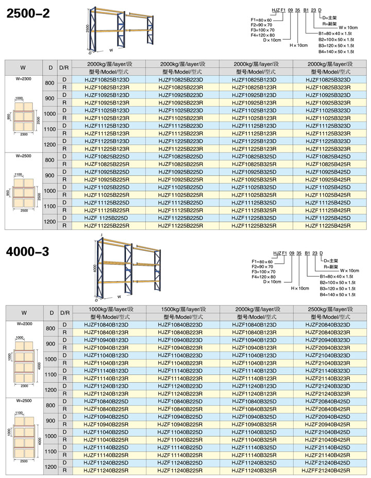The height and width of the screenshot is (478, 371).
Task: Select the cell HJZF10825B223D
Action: click(182, 80)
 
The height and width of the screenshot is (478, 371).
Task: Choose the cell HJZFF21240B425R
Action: click(328, 470)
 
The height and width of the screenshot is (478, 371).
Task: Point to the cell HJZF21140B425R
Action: click(328, 455)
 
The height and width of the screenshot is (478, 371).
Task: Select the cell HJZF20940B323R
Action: click(328, 348)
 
